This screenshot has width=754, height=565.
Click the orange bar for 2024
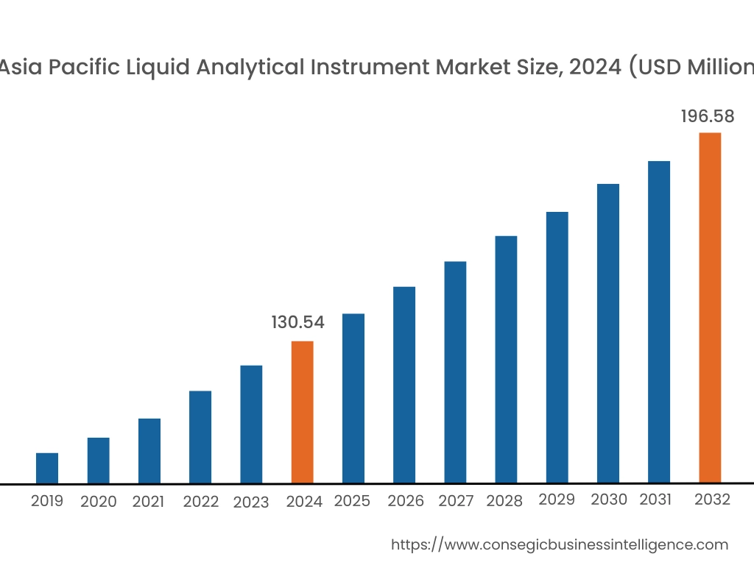pyautogui.click(x=303, y=412)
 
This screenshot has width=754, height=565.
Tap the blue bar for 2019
pyautogui.click(x=47, y=468)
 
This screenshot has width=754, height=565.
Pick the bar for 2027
pyautogui.click(x=455, y=372)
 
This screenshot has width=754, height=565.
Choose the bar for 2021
pyautogui.click(x=149, y=450)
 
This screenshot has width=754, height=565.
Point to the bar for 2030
pyautogui.click(x=608, y=333)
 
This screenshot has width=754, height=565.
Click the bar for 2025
pyautogui.click(x=353, y=398)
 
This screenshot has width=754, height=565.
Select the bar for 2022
pyautogui.click(x=200, y=437)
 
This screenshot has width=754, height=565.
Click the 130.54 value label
pyautogui.click(x=298, y=322)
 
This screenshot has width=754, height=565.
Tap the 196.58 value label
pyautogui.click(x=708, y=117)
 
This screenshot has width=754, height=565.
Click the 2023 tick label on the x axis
pyautogui.click(x=251, y=502)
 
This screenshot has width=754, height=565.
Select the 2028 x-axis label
pyautogui.click(x=504, y=501)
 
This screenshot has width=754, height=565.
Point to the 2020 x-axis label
pyautogui.click(x=99, y=502)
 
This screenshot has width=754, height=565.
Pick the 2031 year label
pyautogui.click(x=655, y=500)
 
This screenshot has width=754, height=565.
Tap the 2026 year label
pyautogui.click(x=406, y=501)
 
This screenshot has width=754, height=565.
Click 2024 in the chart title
pyautogui.click(x=591, y=68)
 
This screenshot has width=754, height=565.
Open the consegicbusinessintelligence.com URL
pyautogui.click(x=559, y=544)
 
